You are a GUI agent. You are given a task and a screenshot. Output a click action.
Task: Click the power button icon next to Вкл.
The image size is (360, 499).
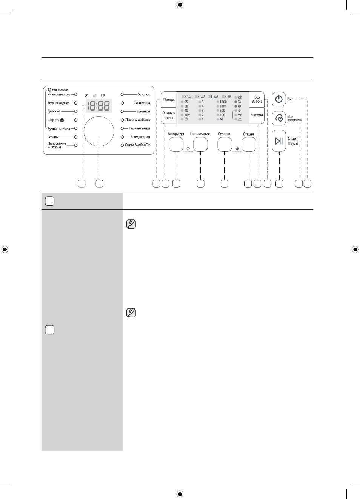point(279,99)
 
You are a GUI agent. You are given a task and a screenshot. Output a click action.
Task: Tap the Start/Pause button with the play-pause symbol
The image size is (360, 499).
point(279,141)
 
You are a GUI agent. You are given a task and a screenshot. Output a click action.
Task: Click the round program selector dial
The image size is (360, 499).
point(99,131)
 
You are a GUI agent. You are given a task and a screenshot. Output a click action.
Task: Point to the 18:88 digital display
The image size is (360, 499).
point(99,106)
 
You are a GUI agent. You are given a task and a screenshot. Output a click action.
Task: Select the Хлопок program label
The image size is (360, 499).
point(144,94)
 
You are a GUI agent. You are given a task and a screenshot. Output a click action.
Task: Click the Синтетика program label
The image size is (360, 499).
point(142,103)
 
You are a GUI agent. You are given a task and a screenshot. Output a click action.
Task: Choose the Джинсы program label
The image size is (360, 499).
point(143,111)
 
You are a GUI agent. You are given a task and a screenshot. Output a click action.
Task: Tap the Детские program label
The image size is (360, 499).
point(54,111)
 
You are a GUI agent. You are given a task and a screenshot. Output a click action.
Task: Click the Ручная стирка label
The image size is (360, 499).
point(58,129)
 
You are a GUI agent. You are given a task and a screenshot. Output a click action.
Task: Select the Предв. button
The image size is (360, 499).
point(169,100)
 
